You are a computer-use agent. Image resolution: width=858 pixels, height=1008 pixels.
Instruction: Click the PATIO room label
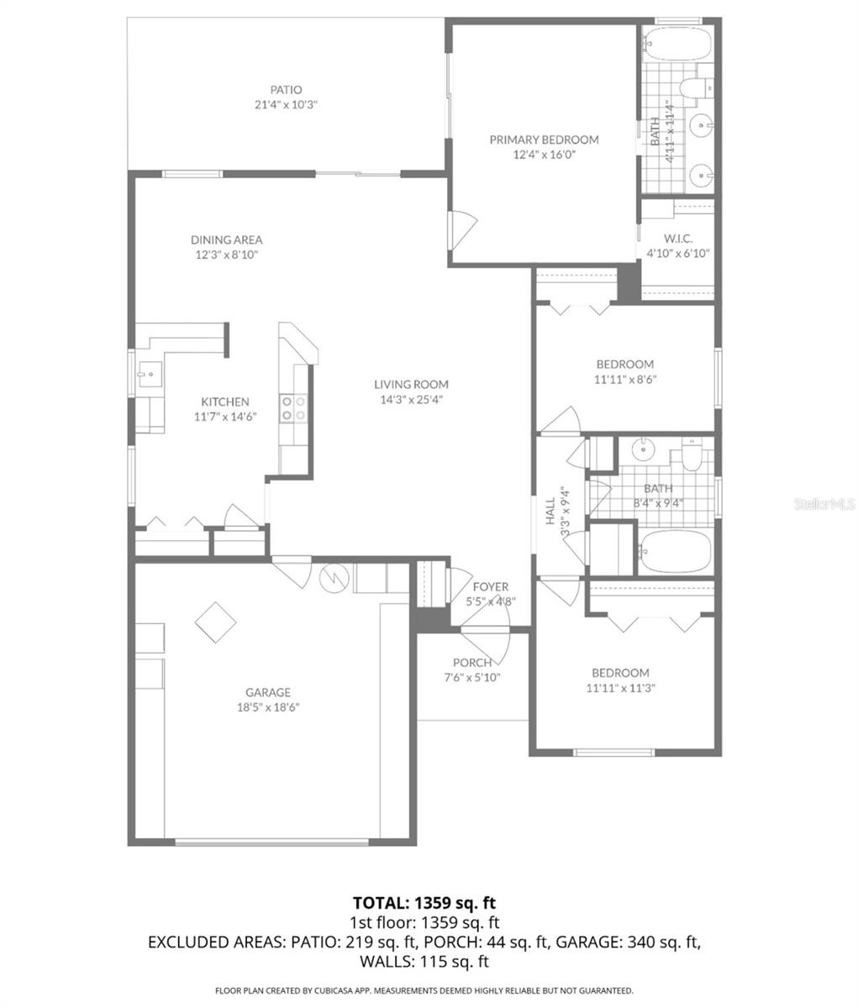(286, 90)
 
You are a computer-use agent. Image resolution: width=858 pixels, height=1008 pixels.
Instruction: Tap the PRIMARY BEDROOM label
(544, 139)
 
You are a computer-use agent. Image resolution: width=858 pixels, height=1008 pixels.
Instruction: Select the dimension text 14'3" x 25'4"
(411, 400)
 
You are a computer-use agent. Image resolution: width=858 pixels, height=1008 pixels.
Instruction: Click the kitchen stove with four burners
(294, 407)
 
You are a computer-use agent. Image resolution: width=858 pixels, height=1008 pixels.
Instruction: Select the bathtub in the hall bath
(675, 552)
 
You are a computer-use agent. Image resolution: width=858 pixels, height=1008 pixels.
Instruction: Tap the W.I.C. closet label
(677, 239)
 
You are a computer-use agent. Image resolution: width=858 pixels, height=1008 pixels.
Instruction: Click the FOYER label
(491, 586)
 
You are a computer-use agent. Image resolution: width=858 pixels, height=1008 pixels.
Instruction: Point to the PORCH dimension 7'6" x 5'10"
(471, 678)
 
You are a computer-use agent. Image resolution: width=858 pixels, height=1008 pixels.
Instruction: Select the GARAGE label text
(268, 692)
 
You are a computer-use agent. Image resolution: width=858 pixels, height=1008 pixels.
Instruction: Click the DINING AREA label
(226, 239)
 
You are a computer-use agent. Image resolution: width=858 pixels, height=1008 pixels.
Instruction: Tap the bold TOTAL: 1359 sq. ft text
(424, 903)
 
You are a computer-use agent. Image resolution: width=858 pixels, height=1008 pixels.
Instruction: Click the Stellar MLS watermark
(824, 504)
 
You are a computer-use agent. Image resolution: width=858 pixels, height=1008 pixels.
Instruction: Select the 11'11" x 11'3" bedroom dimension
(620, 688)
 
